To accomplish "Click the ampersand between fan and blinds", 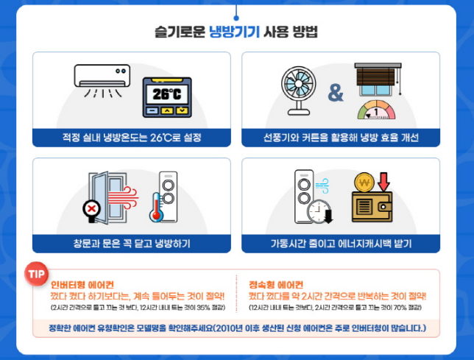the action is pyautogui.click(x=336, y=93).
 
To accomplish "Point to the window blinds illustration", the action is pyautogui.click(x=378, y=80).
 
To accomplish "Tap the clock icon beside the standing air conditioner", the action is pyautogui.click(x=319, y=208).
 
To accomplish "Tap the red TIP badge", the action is pyautogui.click(x=36, y=273).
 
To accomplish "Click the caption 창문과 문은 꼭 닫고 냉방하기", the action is pyautogui.click(x=128, y=242).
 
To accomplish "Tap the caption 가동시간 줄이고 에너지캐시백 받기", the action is pyautogui.click(x=340, y=242).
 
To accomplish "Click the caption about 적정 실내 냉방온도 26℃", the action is pyautogui.click(x=128, y=137).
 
